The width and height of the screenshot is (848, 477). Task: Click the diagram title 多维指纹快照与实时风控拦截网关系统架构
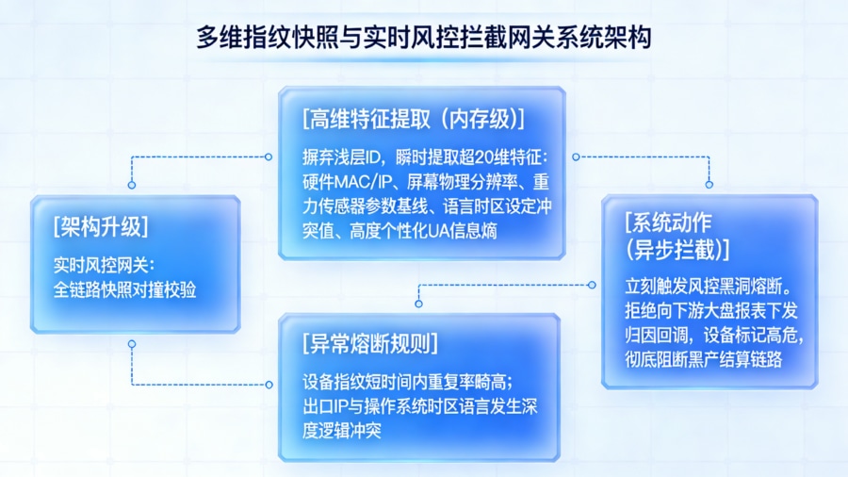coord(423,38)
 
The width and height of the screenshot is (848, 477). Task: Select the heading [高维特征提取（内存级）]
coord(414,119)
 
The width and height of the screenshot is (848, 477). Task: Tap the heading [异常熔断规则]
coord(370,342)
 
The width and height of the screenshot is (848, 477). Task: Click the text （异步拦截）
coord(677,249)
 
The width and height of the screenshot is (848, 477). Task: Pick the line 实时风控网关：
coord(109,265)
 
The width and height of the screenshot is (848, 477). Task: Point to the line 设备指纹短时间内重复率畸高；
coord(408,382)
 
